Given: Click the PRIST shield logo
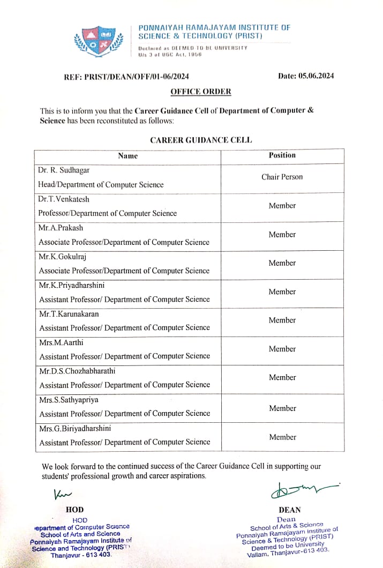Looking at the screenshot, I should pyautogui.click(x=99, y=41).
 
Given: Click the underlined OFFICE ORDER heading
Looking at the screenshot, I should pyautogui.click(x=201, y=92).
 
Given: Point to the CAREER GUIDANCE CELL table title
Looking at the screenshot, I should pyautogui.click(x=201, y=140).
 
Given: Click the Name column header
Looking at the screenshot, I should pyautogui.click(x=127, y=156).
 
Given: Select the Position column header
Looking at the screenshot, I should pyautogui.click(x=282, y=155).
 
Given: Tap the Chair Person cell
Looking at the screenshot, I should pyautogui.click(x=282, y=177).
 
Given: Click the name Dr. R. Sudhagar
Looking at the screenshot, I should pyautogui.click(x=64, y=170).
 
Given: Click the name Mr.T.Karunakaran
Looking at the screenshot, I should pyautogui.click(x=69, y=313).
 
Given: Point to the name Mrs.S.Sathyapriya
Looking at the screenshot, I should pyautogui.click(x=69, y=399).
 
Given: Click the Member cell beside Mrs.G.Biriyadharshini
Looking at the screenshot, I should pyautogui.click(x=282, y=437).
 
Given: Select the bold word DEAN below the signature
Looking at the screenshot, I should pyautogui.click(x=290, y=510).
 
